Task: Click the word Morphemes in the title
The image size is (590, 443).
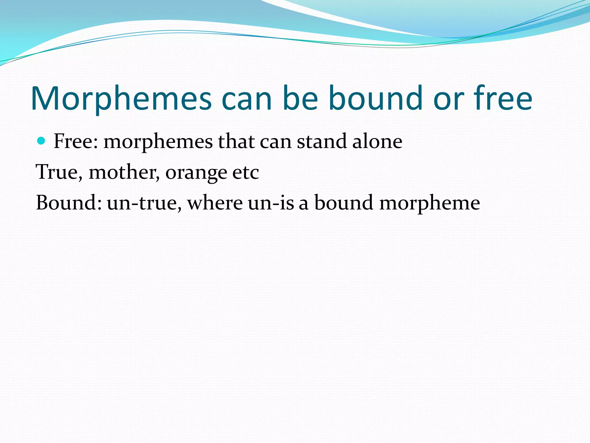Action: pos(121,99)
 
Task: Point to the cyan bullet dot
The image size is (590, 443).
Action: pos(41,141)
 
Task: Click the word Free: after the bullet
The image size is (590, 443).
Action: pos(76,141)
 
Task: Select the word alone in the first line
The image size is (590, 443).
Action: pos(377,141)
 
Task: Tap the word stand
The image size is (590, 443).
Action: pos(322,141)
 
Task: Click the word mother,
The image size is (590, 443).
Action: pos(124,172)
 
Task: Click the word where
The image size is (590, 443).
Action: pos(215,202)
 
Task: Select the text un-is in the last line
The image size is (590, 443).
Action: pos(271,203)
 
